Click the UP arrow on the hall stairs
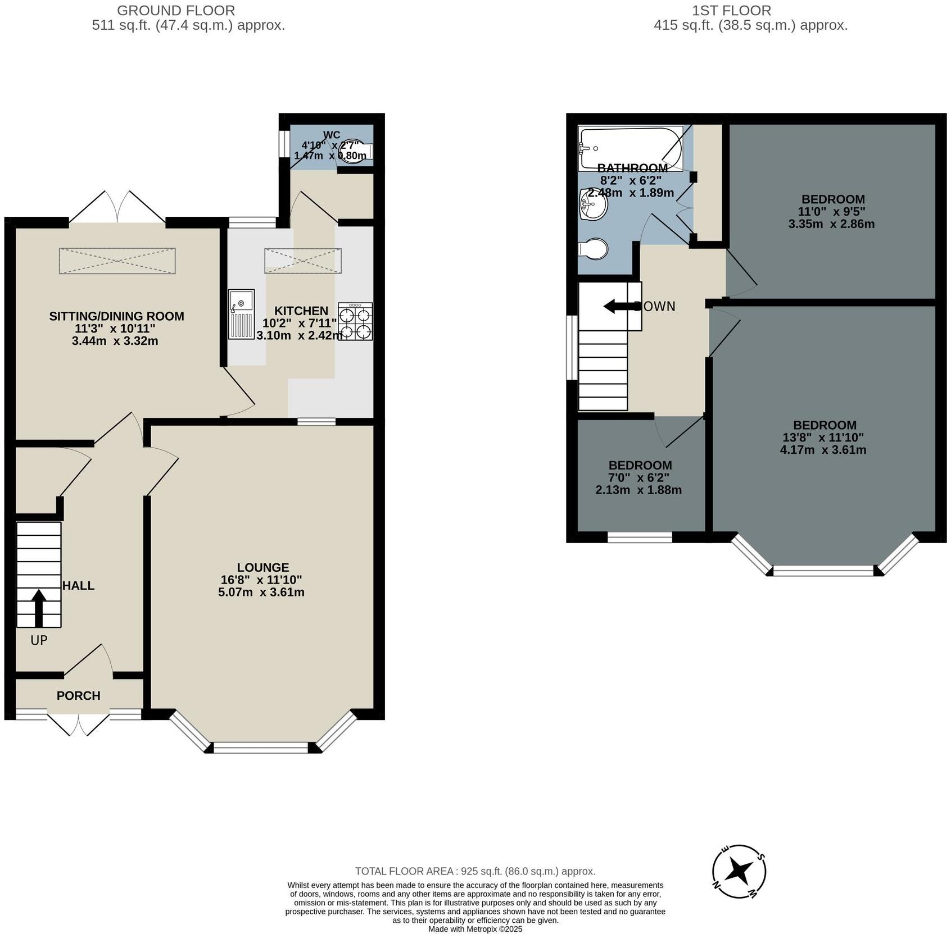(x=38, y=607)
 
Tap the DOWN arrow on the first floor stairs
(x=619, y=307)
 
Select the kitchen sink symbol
(x=241, y=314)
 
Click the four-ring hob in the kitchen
(x=355, y=321)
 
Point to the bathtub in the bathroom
(x=630, y=148)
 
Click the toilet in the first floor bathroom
(x=594, y=248)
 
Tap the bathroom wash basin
(x=593, y=204)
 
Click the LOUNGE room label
(x=262, y=567)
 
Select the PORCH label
(x=78, y=695)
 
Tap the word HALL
(x=78, y=586)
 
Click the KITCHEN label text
(x=301, y=311)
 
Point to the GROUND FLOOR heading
(x=176, y=10)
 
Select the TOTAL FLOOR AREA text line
(x=475, y=871)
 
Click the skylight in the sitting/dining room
(x=117, y=261)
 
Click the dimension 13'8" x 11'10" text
(x=823, y=438)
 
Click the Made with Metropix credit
(x=475, y=929)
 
